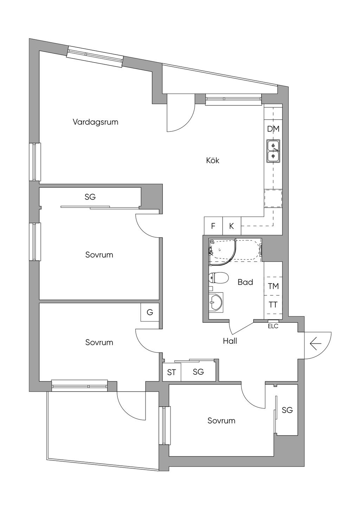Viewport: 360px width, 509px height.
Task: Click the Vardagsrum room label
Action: (x=95, y=122)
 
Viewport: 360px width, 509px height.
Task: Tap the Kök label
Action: (x=213, y=161)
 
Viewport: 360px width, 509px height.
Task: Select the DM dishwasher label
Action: (x=273, y=129)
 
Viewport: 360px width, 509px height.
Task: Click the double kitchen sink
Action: (x=273, y=151)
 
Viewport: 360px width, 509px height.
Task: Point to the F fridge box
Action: (x=213, y=226)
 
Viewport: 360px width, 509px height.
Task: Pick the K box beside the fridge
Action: (x=232, y=226)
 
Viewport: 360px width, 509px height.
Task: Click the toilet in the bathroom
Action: (x=218, y=278)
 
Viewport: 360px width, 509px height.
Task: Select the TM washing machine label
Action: (x=273, y=286)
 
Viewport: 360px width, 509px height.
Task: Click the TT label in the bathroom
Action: (x=273, y=305)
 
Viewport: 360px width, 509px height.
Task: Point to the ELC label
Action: (x=273, y=326)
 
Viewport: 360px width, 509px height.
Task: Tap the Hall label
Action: (x=230, y=341)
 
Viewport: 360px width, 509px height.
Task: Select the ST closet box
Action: (x=172, y=372)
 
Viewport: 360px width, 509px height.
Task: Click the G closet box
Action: (x=150, y=312)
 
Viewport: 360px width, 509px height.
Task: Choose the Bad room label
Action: (x=245, y=282)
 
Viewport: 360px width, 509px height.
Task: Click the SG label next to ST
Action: (x=198, y=372)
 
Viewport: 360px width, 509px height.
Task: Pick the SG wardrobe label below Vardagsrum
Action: (x=90, y=197)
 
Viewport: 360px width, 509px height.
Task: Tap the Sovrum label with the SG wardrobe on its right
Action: (x=221, y=421)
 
